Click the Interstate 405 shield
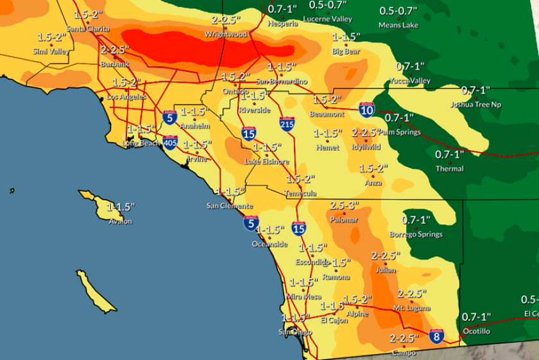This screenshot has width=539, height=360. (170, 142)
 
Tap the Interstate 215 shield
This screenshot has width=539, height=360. (287, 124)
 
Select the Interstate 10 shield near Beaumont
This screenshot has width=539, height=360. (366, 110)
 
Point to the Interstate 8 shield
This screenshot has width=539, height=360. (436, 335)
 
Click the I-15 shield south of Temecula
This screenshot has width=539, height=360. (299, 228)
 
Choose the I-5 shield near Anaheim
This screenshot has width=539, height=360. (170, 117)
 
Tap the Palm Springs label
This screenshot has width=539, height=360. (400, 132)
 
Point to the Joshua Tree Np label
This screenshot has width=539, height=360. (475, 104)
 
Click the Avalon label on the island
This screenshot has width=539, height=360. (120, 221)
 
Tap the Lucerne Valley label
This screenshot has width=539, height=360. (327, 19)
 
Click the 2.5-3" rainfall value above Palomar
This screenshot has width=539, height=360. (345, 205)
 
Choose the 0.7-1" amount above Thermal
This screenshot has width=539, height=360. (449, 155)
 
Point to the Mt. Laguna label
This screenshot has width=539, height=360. (412, 308)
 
